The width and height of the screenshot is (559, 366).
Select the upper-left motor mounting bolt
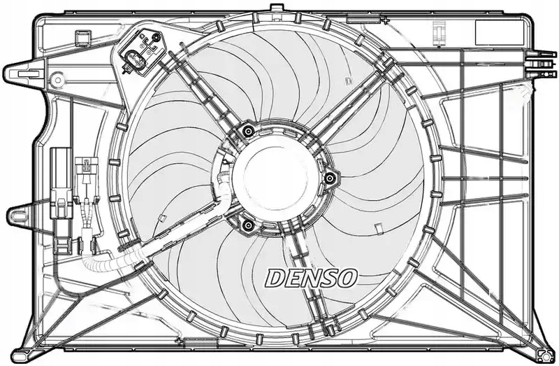pos(246,130)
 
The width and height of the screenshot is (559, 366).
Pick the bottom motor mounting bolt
pos(246,223)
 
